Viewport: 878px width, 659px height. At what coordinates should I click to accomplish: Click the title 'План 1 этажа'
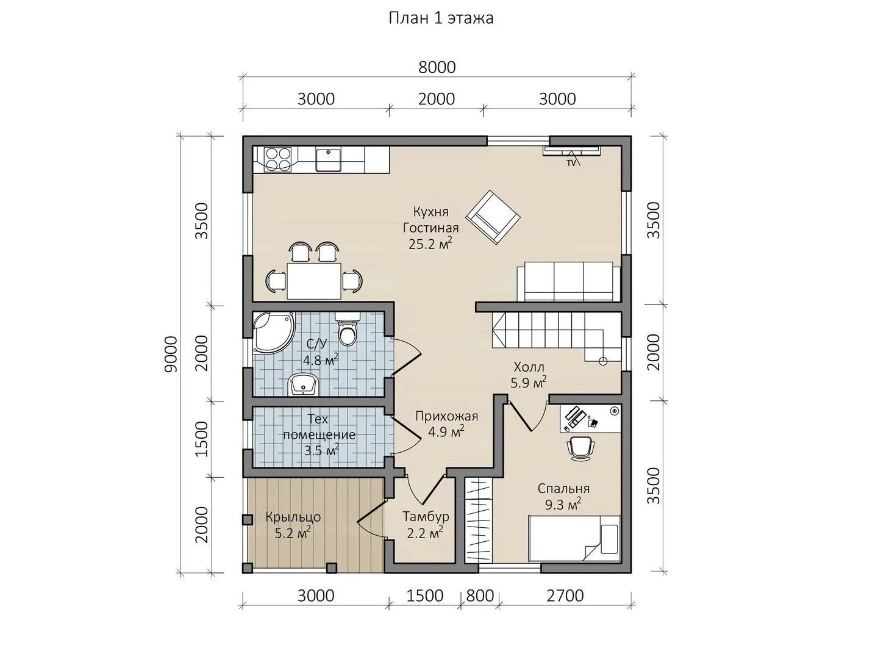pos(441,18)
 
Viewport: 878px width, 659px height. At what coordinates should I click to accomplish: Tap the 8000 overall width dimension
pos(437,67)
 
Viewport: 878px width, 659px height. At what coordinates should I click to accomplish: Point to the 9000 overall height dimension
pos(170,354)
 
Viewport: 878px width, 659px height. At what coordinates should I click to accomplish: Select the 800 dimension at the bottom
pos(480,596)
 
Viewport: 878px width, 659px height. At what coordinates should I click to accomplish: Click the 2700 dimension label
pos(565,596)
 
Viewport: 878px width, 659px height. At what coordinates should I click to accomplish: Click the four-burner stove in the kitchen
pos(277,159)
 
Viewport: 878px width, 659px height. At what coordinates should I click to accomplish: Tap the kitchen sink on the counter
pos(328,160)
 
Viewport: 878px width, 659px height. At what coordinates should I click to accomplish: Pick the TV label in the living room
pos(571,164)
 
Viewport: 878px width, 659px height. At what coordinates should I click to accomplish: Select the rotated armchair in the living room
pos(493,217)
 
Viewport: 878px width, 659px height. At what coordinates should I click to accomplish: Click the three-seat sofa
pos(568,281)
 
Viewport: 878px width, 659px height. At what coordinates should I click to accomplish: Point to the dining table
pos(314,281)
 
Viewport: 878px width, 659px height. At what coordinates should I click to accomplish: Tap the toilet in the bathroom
pos(347,329)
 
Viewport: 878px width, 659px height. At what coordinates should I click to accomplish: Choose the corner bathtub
pos(273,333)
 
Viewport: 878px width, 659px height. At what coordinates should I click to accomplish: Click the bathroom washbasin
pos(302,384)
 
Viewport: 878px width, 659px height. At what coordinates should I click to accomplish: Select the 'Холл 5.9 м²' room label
pos(529,375)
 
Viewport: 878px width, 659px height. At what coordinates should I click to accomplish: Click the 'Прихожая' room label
pos(446,417)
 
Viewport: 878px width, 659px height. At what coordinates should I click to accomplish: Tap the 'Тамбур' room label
pos(426,517)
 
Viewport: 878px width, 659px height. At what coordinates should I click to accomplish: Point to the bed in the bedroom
pos(574,539)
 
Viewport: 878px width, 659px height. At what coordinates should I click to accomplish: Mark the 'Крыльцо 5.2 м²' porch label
pos(293,525)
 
